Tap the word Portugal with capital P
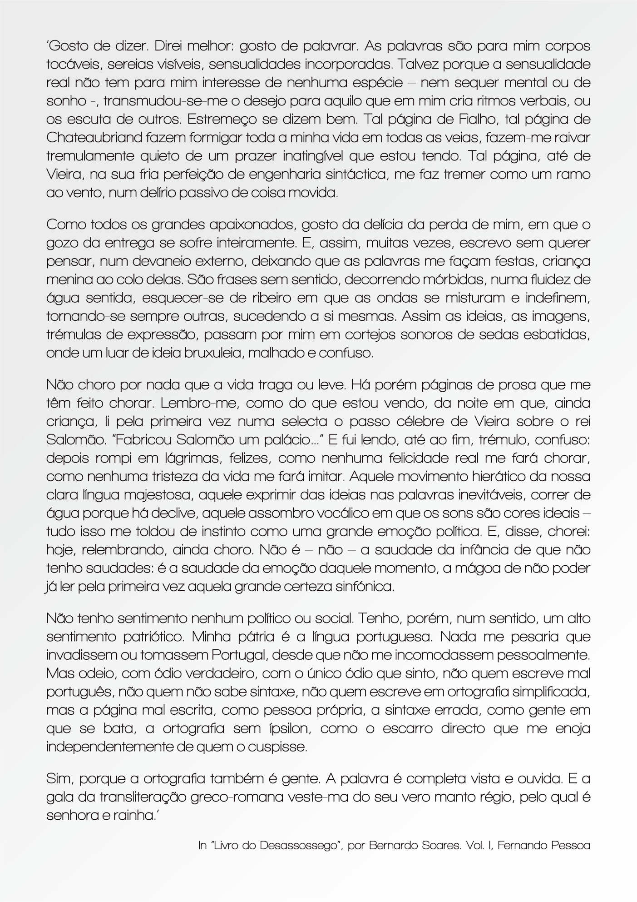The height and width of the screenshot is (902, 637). (x=238, y=655)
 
